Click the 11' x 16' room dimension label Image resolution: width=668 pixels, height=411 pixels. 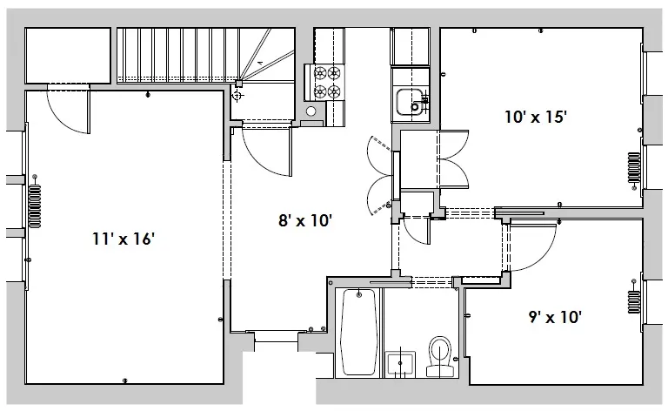pos(124,238)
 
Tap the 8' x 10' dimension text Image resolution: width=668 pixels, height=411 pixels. pos(305,221)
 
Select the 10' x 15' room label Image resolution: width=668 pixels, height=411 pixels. pos(536,117)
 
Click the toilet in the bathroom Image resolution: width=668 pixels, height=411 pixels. pos(441,356)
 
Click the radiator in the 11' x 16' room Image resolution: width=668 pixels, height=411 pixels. pos(35,205)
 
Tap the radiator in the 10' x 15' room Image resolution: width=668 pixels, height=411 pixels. pos(633,170)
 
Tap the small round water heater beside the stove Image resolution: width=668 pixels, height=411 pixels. pos(311,111)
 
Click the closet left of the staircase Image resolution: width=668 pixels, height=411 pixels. pos(68,56)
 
